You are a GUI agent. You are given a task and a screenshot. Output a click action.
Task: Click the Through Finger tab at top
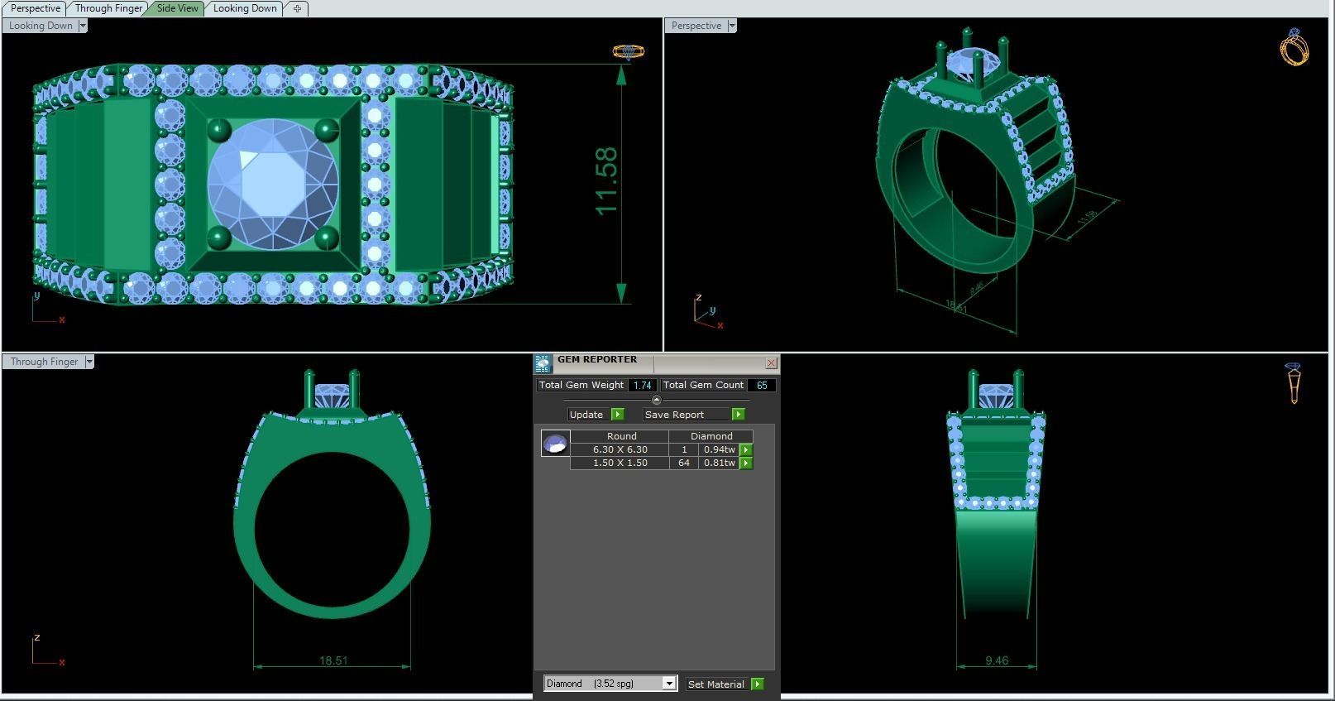108,8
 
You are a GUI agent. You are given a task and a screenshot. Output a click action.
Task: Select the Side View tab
177,8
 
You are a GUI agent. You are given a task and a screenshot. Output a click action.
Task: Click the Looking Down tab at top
245,8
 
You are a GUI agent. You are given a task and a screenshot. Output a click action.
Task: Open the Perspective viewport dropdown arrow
732,26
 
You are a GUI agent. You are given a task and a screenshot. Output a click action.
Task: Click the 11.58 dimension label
606,181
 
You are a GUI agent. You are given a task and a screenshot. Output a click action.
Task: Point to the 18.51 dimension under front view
333,660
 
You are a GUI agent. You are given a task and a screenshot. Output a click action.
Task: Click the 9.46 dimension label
997,660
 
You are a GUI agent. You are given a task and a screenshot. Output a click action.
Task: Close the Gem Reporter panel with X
771,363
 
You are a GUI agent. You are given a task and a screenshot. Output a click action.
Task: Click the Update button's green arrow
617,414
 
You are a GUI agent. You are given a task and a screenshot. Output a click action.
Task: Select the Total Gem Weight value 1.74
642,385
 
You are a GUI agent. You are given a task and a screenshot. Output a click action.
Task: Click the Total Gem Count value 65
762,385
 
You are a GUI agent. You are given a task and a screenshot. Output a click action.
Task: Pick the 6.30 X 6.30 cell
620,449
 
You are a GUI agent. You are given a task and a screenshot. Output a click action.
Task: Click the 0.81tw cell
718,463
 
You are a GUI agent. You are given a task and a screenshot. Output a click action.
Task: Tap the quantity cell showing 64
684,463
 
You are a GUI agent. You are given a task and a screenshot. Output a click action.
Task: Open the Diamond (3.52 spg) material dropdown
669,684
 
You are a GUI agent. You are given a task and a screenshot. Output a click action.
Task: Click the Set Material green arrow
757,684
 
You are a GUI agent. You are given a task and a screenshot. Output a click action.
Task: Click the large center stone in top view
273,184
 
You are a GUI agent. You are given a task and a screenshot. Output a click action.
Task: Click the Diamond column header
711,436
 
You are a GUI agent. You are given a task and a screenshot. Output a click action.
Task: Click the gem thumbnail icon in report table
555,444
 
